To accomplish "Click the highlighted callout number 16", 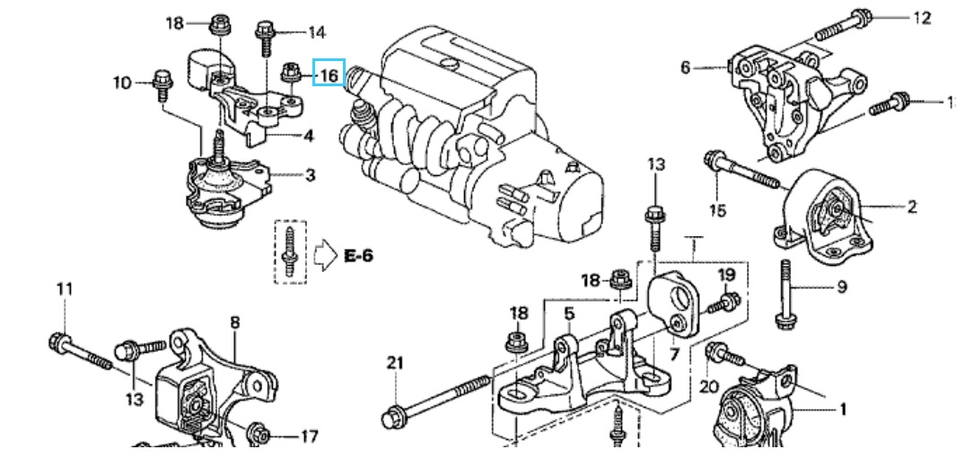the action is coord(329,75).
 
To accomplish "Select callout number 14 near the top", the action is coord(317,31).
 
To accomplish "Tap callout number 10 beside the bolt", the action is coord(122,82).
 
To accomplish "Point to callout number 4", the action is coord(309,136).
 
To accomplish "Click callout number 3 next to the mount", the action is coord(310,176).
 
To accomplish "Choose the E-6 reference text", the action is coord(358,255).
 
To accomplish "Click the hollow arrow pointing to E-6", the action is coord(325,255).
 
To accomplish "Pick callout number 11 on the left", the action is coord(64,288).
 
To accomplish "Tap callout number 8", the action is coord(235,322).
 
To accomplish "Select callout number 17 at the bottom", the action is coord(309,436).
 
